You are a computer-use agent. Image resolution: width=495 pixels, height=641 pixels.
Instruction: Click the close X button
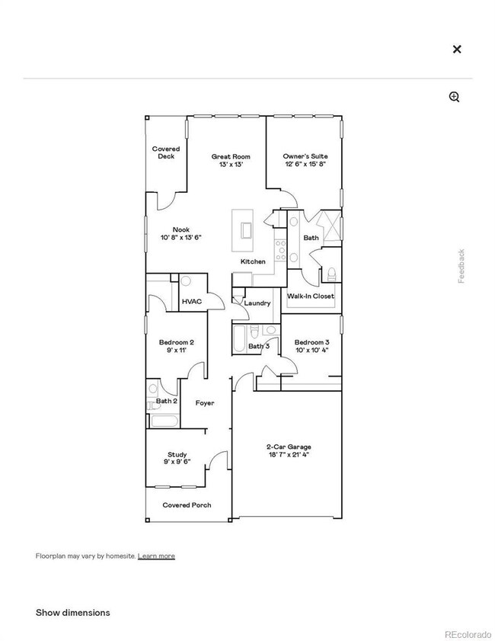click(x=457, y=49)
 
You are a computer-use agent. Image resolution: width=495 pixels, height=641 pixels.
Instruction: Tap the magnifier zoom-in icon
click(x=455, y=97)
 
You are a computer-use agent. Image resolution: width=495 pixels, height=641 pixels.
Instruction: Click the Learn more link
click(x=156, y=556)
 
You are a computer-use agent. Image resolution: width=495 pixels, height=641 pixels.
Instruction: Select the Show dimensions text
click(x=72, y=612)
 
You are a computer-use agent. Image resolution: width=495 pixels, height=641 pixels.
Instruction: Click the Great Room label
click(x=231, y=156)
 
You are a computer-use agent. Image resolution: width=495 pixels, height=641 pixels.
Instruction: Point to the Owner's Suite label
click(x=305, y=156)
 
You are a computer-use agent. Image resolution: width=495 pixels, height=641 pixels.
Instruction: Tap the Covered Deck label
click(x=166, y=152)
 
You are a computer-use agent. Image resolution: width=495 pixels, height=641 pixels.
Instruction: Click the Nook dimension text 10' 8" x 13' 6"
click(x=181, y=238)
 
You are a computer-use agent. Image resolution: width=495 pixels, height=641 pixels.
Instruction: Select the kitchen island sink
click(x=246, y=229)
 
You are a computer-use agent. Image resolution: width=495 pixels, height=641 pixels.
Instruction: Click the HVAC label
click(x=192, y=302)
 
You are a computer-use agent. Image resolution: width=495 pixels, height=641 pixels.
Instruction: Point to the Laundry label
click(x=257, y=303)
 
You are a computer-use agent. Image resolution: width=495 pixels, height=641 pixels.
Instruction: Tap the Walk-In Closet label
click(x=311, y=296)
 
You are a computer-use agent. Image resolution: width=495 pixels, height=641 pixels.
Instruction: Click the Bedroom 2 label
click(x=177, y=342)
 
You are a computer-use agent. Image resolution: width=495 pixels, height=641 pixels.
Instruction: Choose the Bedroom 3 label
click(x=311, y=342)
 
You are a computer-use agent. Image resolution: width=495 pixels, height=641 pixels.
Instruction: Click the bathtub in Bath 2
click(x=164, y=421)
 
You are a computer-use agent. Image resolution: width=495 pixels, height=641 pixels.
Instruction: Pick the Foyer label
click(x=205, y=403)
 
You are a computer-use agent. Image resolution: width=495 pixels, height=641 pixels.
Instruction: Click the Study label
click(x=177, y=454)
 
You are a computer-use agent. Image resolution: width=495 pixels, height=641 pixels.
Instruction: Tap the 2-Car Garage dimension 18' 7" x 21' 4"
click(x=289, y=454)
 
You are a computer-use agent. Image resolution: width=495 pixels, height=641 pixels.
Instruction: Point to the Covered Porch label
click(x=187, y=505)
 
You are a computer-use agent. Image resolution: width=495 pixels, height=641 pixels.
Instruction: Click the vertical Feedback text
click(x=461, y=266)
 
